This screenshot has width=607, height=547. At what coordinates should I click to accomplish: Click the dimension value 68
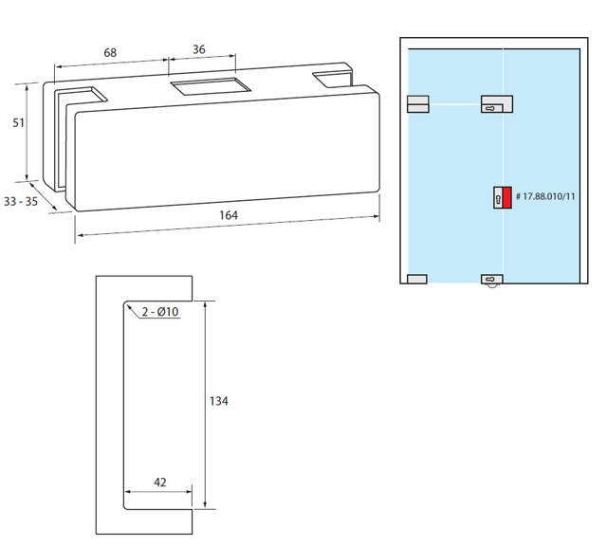click(x=110, y=53)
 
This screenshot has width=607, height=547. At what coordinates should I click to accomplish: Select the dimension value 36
click(x=198, y=49)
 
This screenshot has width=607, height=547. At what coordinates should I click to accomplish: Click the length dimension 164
click(x=228, y=215)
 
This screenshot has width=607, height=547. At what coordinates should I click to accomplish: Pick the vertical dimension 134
click(x=218, y=401)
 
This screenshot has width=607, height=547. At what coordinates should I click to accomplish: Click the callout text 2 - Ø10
click(x=160, y=312)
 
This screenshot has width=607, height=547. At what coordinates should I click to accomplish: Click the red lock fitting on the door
click(x=506, y=197)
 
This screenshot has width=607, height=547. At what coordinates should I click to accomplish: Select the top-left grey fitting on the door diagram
click(x=417, y=104)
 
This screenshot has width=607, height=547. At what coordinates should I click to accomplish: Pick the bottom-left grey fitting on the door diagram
click(x=417, y=279)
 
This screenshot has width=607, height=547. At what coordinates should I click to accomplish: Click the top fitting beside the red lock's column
click(x=496, y=104)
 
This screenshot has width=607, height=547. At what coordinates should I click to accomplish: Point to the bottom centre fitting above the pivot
click(x=492, y=280)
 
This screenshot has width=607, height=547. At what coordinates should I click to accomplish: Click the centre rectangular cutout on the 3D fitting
click(x=208, y=88)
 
